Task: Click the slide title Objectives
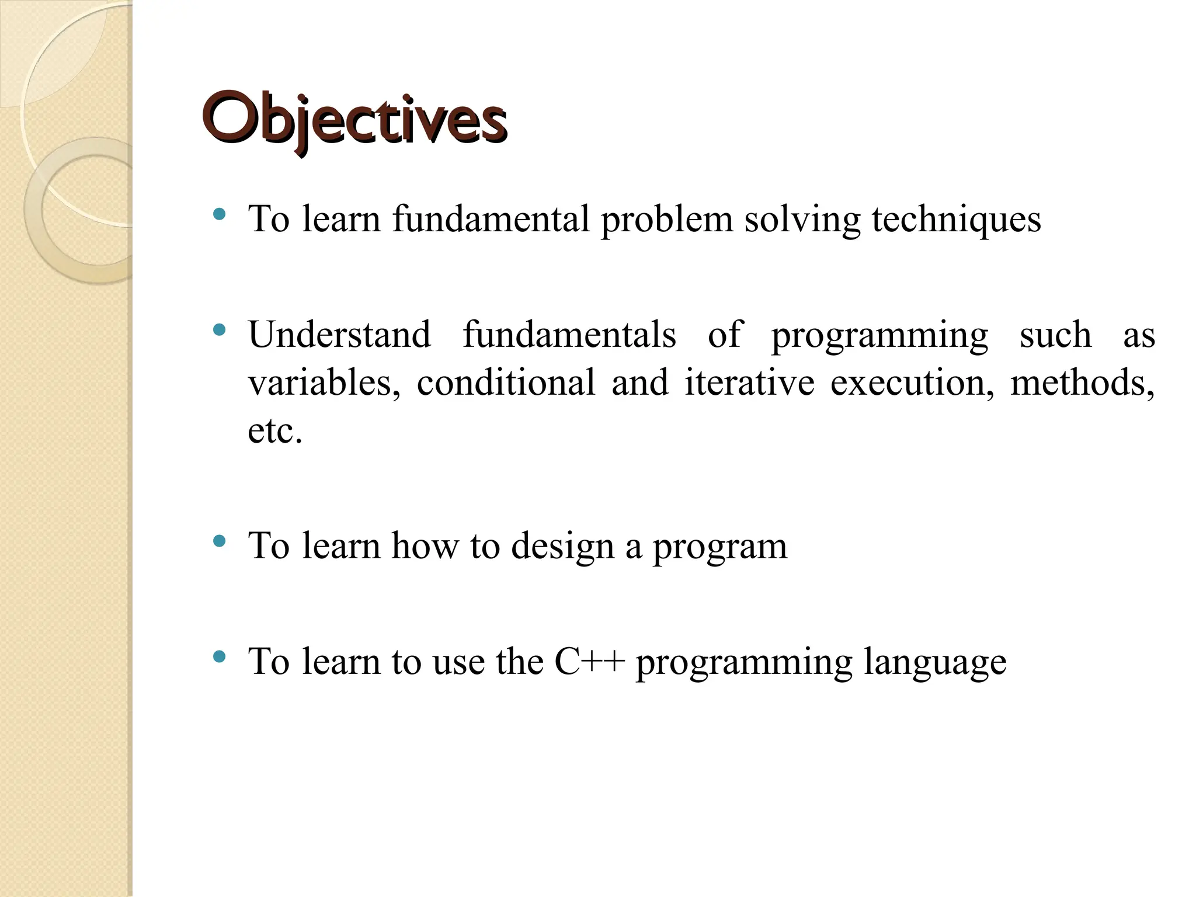[354, 120]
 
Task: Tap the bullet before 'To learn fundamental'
[219, 214]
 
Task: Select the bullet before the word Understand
[219, 331]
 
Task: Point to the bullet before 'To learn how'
[219, 541]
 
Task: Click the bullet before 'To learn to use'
[219, 657]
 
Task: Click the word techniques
[956, 220]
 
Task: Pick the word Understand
[339, 335]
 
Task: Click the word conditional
[506, 383]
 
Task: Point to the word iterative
[749, 383]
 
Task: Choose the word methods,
[1082, 383]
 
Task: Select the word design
[562, 546]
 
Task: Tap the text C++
[590, 662]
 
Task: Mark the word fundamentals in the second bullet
[569, 335]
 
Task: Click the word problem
[666, 220]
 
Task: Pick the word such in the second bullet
[1055, 335]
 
